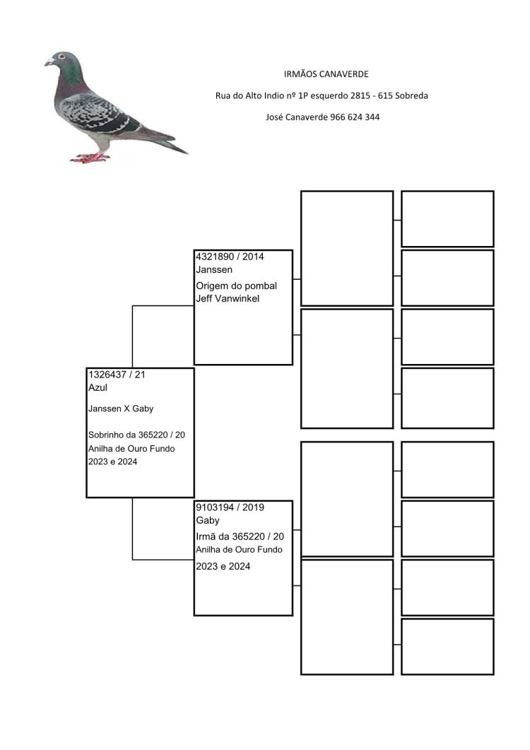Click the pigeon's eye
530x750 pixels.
pyautogui.click(x=61, y=57)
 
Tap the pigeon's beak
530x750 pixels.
pyautogui.click(x=48, y=62)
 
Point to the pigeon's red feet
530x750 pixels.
pyautogui.click(x=90, y=158)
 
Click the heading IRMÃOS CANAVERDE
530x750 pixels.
pyautogui.click(x=326, y=74)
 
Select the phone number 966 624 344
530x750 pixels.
pyautogui.click(x=355, y=117)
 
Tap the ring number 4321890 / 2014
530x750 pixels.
pyautogui.click(x=230, y=257)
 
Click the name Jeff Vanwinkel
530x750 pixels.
pyautogui.click(x=228, y=298)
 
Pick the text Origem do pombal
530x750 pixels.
pyautogui.click(x=236, y=286)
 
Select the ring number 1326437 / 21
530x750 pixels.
pyautogui.click(x=117, y=375)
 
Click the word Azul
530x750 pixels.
pyautogui.click(x=98, y=387)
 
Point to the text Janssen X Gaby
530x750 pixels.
pyautogui.click(x=121, y=409)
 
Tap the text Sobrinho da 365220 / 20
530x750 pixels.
pyautogui.click(x=136, y=435)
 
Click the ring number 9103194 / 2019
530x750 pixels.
pyautogui.click(x=230, y=507)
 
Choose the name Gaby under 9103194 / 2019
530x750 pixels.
pyautogui.click(x=208, y=520)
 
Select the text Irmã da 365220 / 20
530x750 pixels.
pyautogui.click(x=240, y=537)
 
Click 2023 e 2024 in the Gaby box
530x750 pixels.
pyautogui.click(x=223, y=566)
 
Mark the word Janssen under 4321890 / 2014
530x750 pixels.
pyautogui.click(x=214, y=270)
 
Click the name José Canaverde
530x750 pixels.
pyautogui.click(x=297, y=117)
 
